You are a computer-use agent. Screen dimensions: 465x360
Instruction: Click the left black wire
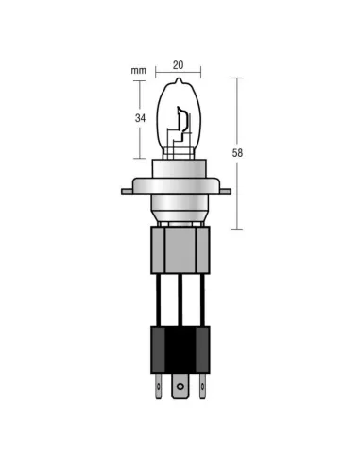point(158,300)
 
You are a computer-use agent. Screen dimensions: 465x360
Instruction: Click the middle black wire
point(180,300)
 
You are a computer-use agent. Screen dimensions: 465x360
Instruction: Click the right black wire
point(201,300)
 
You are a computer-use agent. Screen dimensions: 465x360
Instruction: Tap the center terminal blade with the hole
point(180,386)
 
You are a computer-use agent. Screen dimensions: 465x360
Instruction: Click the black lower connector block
point(180,350)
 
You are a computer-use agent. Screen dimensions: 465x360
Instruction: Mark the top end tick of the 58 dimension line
point(235,78)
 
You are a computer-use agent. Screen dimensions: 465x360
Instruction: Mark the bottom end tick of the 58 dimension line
point(235,229)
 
